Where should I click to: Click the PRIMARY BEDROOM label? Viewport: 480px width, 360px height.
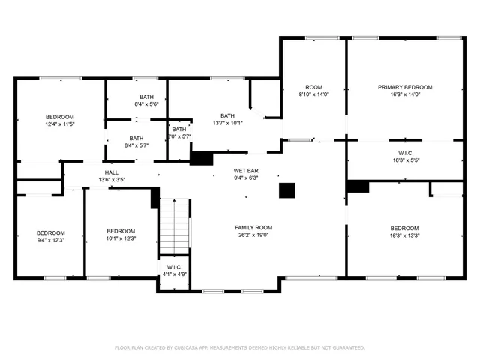tap(404, 88)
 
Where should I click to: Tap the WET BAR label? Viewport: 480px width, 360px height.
tap(245, 171)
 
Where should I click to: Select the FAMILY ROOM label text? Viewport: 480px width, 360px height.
tap(253, 227)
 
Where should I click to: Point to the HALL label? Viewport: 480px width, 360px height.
tap(111, 172)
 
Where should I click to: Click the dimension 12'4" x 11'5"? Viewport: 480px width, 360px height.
tap(60, 124)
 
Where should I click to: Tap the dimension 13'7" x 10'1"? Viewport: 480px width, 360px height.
tap(227, 123)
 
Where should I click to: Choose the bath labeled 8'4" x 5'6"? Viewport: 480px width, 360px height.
tap(147, 100)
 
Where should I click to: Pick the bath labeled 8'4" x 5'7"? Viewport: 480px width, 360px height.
tap(136, 142)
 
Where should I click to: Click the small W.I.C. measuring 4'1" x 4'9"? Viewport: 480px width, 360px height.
tap(174, 270)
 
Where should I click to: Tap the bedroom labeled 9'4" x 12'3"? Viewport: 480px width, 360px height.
tap(51, 235)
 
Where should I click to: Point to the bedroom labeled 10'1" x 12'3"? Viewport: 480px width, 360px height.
tap(120, 234)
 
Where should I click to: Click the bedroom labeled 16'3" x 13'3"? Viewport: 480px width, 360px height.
tap(404, 231)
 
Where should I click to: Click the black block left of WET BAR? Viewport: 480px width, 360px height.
tap(201, 158)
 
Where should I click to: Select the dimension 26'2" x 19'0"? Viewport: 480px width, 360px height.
tap(253, 235)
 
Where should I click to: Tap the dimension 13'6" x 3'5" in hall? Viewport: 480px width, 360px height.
tap(111, 180)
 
